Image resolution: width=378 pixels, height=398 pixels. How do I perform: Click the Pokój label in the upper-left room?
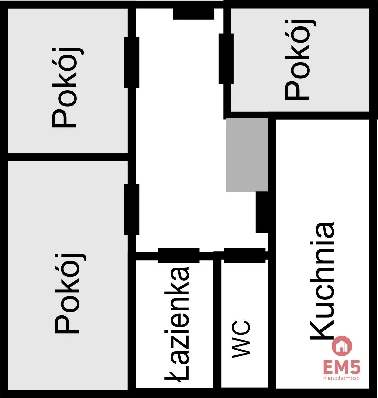pyautogui.click(x=67, y=88)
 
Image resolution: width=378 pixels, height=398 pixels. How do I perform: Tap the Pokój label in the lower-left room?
pyautogui.click(x=70, y=293)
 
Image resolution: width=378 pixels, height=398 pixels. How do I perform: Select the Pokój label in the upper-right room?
pyautogui.click(x=300, y=59)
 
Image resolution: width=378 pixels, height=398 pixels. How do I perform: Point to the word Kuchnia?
pyautogui.click(x=322, y=281)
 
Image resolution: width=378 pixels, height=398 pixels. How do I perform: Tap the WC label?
pyautogui.click(x=241, y=339)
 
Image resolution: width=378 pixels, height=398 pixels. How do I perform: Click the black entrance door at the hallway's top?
pyautogui.click(x=194, y=14)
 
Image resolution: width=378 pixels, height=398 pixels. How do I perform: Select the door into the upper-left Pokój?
pyautogui.click(x=131, y=62)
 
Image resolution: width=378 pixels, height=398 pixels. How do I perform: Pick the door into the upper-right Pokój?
pyautogui.click(x=226, y=59)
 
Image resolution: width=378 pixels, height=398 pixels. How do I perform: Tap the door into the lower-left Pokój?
pyautogui.click(x=131, y=210)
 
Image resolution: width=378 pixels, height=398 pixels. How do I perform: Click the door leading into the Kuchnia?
pyautogui.click(x=262, y=212)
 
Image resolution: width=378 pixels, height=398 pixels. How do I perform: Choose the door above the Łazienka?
pyautogui.click(x=178, y=255)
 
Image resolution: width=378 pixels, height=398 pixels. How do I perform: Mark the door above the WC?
pyautogui.click(x=245, y=255)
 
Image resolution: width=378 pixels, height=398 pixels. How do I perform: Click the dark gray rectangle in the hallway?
pyautogui.click(x=247, y=155)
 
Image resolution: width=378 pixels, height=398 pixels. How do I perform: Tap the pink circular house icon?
pyautogui.click(x=342, y=346)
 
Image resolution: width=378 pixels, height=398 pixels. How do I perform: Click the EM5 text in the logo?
pyautogui.click(x=342, y=367)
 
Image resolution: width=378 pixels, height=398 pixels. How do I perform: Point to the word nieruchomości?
pyautogui.click(x=342, y=378)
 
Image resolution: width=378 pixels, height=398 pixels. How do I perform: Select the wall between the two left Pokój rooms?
pyautogui.click(x=68, y=157)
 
